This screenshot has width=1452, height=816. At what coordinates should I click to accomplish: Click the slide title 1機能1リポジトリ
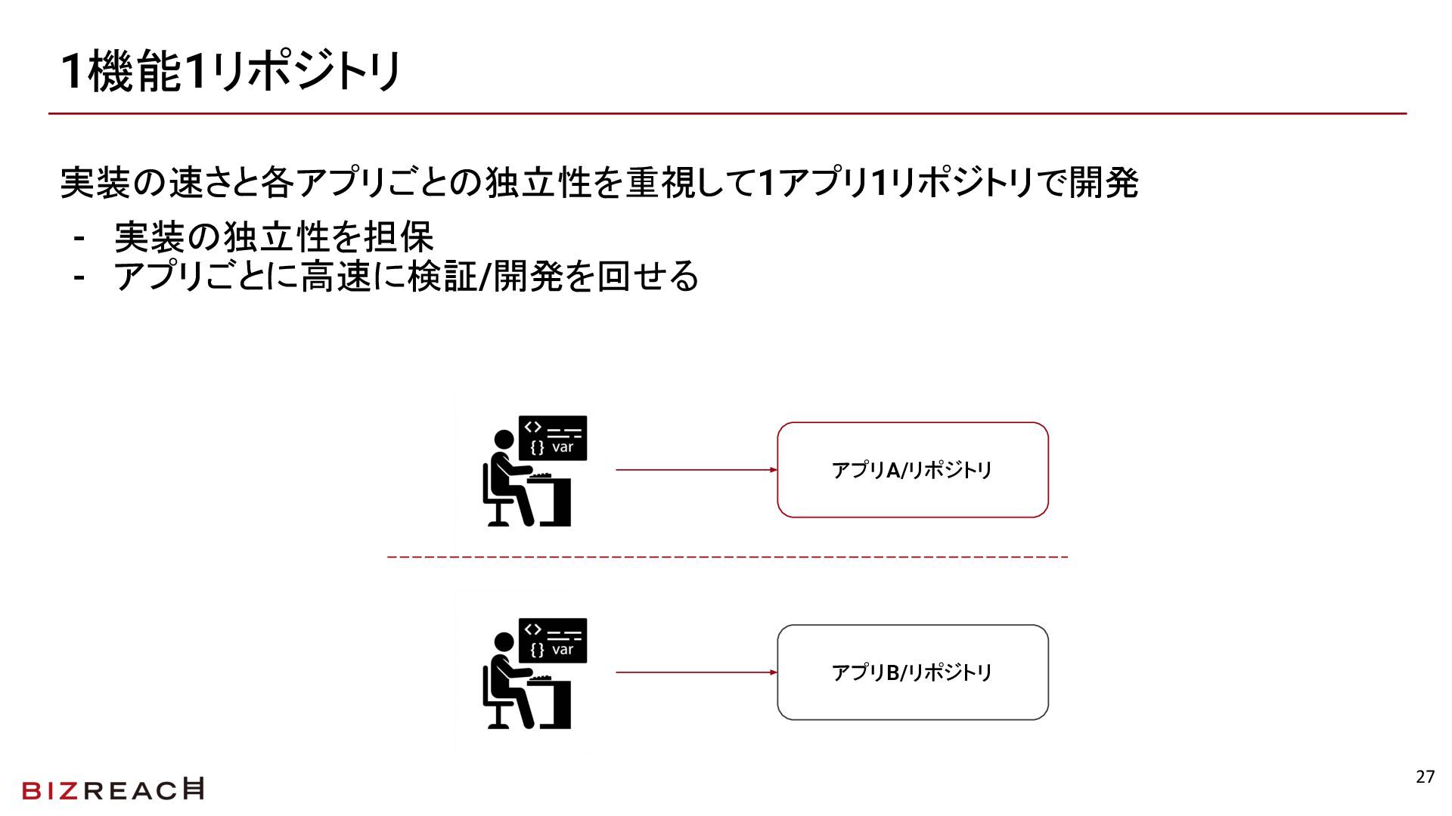(x=231, y=72)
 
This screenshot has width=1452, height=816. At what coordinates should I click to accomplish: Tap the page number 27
(x=1425, y=777)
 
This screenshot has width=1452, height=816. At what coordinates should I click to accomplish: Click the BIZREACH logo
(x=113, y=790)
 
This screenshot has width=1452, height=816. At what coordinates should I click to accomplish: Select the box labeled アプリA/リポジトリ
(x=912, y=470)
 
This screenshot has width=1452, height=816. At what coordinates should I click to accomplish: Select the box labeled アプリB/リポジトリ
(x=912, y=672)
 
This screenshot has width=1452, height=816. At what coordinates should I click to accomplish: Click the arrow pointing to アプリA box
(x=696, y=470)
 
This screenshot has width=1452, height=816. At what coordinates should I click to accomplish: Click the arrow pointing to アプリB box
(x=696, y=672)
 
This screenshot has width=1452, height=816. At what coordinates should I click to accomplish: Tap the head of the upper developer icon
(x=504, y=440)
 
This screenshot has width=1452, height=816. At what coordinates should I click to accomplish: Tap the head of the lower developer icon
(x=504, y=642)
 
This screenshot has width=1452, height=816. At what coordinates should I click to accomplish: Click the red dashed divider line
(x=726, y=558)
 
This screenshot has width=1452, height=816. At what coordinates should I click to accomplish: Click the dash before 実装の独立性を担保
(x=79, y=239)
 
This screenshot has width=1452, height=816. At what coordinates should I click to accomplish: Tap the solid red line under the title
(x=726, y=114)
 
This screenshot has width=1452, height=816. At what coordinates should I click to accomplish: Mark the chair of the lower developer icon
(x=495, y=706)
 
